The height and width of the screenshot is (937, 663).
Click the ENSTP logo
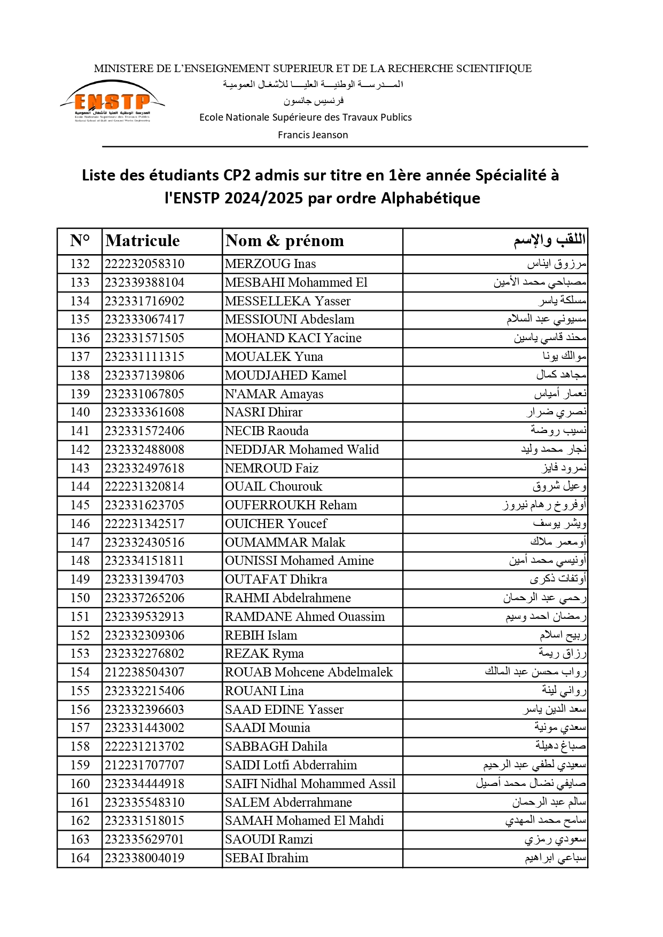tap(112, 101)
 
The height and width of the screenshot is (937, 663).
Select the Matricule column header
tap(143, 241)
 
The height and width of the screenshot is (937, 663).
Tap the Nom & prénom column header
tap(285, 241)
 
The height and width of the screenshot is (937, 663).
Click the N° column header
tap(80, 241)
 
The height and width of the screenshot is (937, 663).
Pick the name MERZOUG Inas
tap(270, 264)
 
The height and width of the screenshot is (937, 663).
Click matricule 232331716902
tap(144, 301)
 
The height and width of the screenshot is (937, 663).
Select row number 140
tap(80, 412)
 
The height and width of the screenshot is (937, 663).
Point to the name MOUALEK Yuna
tap(274, 357)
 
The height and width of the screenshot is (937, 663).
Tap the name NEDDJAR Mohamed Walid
tap(302, 450)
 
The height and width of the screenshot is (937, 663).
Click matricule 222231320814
tap(144, 486)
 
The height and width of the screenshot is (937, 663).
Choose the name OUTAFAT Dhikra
tap(276, 579)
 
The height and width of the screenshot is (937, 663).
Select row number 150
tap(80, 598)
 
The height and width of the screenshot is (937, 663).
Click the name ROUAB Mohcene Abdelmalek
tap(309, 672)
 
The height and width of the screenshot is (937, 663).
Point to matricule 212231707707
tap(144, 765)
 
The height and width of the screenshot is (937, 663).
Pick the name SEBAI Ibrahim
tap(267, 858)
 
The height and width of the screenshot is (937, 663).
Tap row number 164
tap(80, 858)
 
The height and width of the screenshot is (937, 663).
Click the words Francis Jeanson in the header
tap(313, 135)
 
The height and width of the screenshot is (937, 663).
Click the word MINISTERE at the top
tap(120, 68)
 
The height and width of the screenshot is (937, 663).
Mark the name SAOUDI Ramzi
tap(269, 839)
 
